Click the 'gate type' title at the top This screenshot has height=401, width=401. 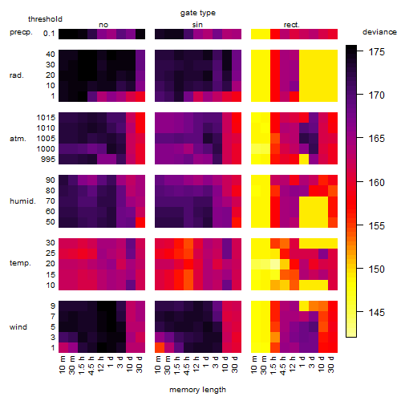(x=198, y=13)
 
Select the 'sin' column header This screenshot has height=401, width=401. (x=197, y=25)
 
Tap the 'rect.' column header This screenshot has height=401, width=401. (x=292, y=25)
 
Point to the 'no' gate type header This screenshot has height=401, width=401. (x=103, y=25)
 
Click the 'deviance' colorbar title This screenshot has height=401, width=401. (x=379, y=32)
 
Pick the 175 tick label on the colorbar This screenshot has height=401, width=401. (x=377, y=51)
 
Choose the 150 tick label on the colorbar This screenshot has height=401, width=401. (x=377, y=269)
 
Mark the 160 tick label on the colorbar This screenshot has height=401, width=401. (x=377, y=182)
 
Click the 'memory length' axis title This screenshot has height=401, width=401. (x=197, y=390)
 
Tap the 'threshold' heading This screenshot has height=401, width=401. (x=45, y=19)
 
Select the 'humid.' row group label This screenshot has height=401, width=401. (x=22, y=201)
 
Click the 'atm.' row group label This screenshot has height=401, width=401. (x=18, y=139)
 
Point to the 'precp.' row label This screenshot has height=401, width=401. (x=21, y=32)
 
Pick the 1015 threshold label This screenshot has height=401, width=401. (x=46, y=117)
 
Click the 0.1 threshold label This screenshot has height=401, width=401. (x=49, y=34)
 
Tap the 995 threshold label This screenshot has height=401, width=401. (x=48, y=159)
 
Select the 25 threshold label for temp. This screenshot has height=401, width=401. (x=51, y=253)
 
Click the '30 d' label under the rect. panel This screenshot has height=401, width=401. (x=331, y=364)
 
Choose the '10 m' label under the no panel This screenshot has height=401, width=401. (x=63, y=364)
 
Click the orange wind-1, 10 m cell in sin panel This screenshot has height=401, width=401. (x=160, y=347)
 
